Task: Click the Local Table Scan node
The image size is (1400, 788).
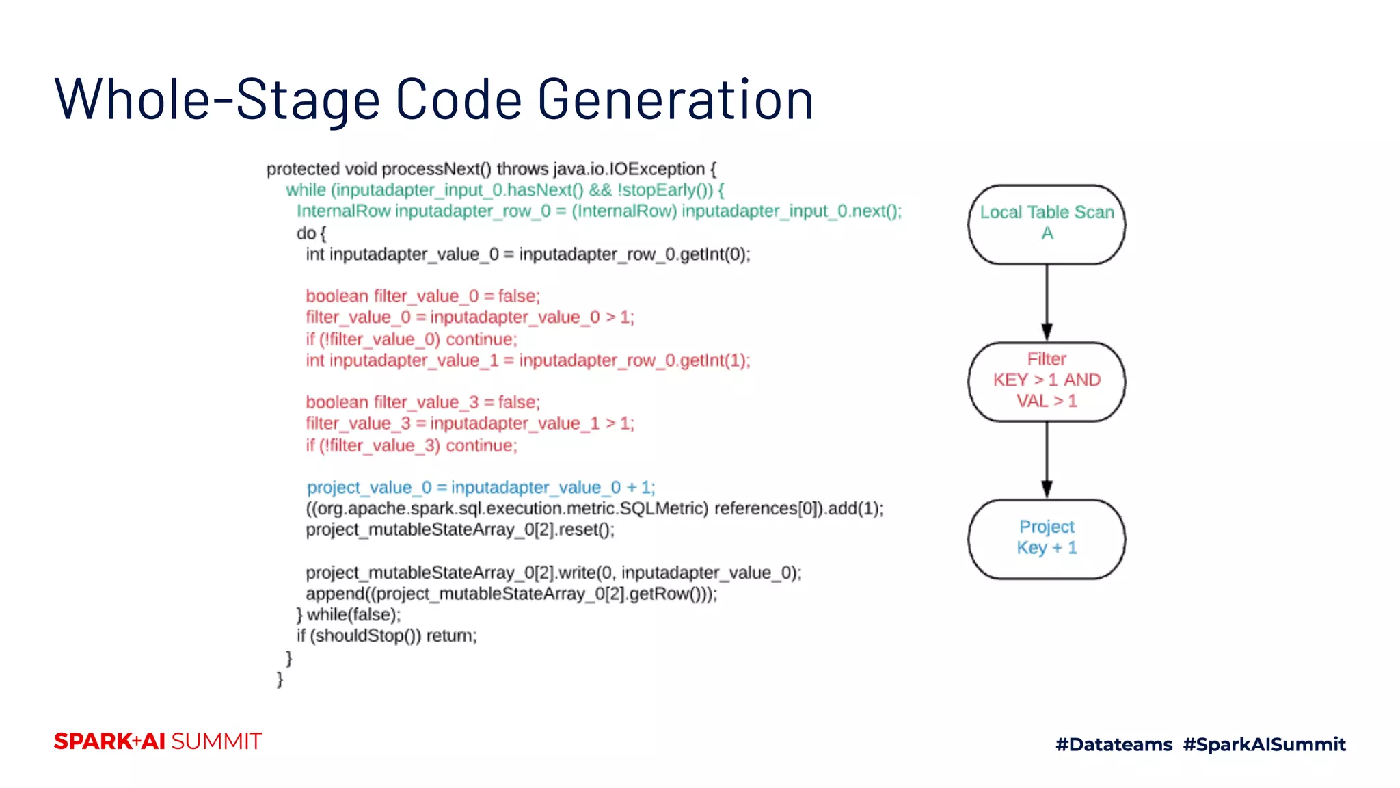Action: tap(1046, 224)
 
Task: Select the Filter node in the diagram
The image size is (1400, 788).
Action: tap(1046, 381)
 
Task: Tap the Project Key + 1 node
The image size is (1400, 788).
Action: tap(1046, 538)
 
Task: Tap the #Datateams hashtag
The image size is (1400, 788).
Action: tap(1114, 744)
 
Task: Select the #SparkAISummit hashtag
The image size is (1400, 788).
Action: tap(1264, 744)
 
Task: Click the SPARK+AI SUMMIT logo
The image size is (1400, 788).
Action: tap(158, 741)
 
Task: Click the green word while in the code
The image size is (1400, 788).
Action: tap(306, 190)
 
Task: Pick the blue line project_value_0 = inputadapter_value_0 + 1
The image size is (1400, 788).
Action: tap(481, 488)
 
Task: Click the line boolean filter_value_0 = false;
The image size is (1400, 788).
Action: tap(422, 296)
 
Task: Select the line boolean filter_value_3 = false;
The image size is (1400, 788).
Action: tap(422, 402)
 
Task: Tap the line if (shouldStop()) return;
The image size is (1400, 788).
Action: tap(386, 636)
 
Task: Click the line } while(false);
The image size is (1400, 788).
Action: tap(349, 615)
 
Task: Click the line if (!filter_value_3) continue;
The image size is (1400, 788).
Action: tap(412, 446)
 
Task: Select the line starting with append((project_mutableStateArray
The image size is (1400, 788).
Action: tap(511, 594)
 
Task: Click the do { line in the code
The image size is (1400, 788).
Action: tap(311, 233)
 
